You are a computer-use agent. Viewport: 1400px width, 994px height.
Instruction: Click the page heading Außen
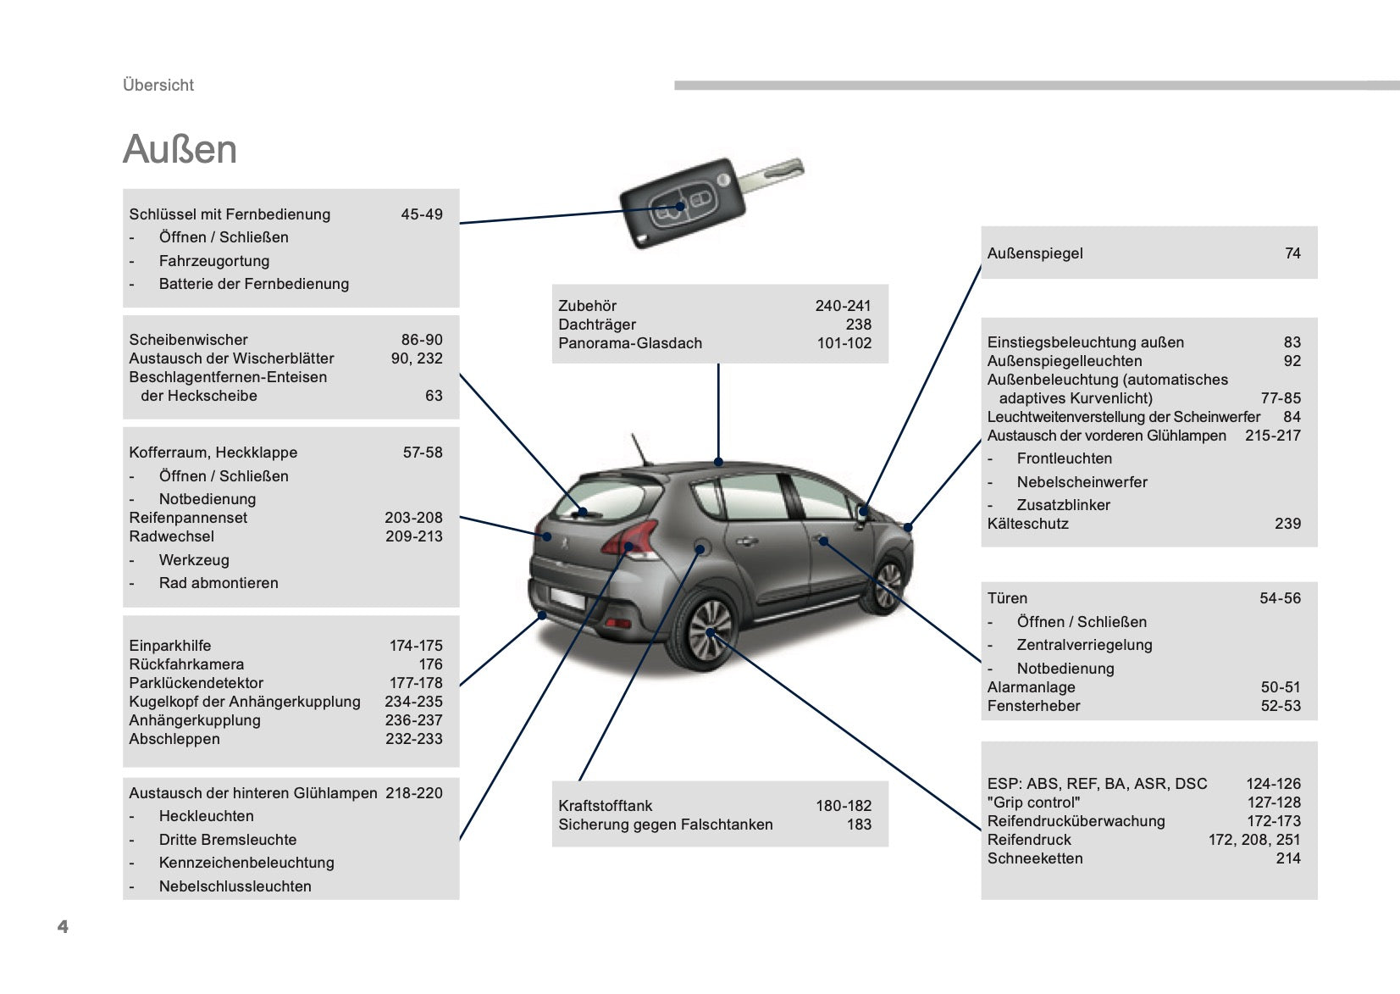click(x=180, y=149)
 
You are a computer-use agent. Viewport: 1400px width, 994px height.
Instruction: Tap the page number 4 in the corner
click(x=63, y=926)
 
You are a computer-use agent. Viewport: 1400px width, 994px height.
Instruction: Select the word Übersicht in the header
click(x=158, y=85)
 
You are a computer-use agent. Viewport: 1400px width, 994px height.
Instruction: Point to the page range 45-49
click(x=422, y=214)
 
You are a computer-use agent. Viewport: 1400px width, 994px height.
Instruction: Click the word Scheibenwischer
click(x=188, y=340)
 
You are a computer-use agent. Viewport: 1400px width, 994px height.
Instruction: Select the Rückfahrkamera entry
click(x=186, y=664)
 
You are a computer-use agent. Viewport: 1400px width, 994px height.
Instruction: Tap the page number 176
click(x=430, y=664)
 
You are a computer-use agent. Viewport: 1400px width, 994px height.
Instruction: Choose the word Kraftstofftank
click(x=605, y=805)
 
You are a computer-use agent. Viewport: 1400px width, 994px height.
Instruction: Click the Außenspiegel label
click(x=1035, y=253)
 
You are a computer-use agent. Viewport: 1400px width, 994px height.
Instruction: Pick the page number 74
click(x=1292, y=253)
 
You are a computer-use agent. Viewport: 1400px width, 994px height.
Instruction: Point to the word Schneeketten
click(x=1035, y=858)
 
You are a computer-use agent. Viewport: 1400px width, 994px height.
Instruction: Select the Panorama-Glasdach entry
click(x=630, y=342)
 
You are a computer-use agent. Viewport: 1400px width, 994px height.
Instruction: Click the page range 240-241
click(x=843, y=306)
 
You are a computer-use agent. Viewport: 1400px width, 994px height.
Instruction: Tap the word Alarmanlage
click(x=1032, y=687)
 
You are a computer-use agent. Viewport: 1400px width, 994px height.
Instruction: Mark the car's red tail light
click(x=631, y=540)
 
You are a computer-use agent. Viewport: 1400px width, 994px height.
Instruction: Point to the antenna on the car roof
click(x=640, y=449)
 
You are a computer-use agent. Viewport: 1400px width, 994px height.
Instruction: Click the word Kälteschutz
click(x=1027, y=523)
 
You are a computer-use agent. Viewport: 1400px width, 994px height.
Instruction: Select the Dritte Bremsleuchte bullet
click(x=228, y=840)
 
